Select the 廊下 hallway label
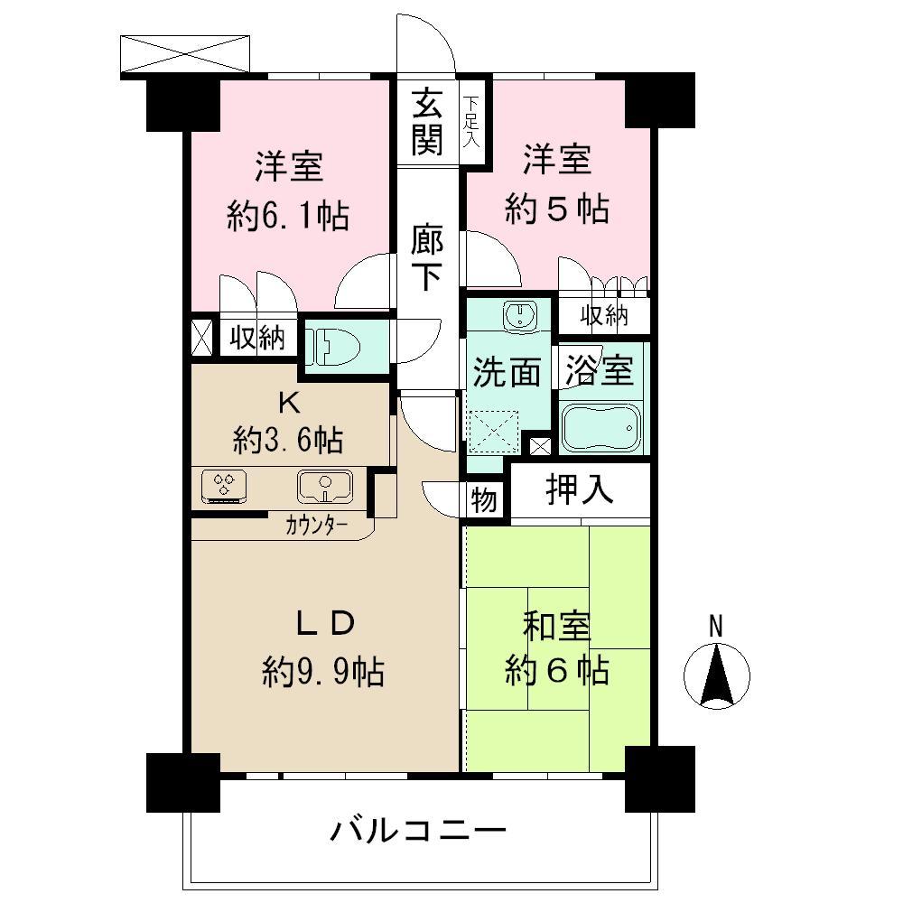(427, 258)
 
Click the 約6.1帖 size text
(289, 217)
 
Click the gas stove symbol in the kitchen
(222, 487)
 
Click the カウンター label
(316, 526)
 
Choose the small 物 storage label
(484, 500)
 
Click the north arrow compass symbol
(717, 673)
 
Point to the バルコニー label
(417, 830)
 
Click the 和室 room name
(557, 626)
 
